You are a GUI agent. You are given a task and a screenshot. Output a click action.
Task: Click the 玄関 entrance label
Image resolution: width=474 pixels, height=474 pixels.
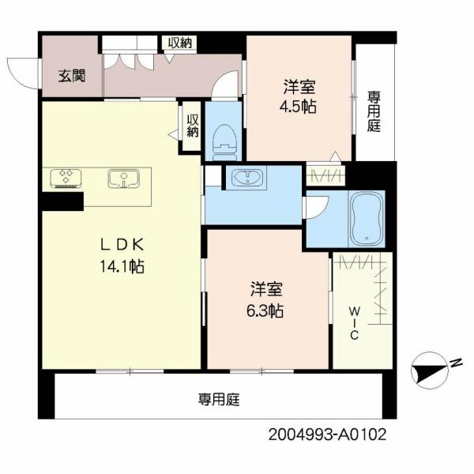click(x=72, y=76)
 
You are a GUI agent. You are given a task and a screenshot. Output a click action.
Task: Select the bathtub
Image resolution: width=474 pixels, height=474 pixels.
click(x=367, y=219)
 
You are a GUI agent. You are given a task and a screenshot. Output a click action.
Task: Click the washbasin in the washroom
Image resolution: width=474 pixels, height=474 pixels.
click(x=246, y=178)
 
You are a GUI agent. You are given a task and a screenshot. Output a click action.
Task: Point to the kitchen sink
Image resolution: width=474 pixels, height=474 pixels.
click(x=124, y=179)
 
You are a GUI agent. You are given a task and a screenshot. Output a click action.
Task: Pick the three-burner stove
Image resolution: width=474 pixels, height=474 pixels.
click(x=66, y=179)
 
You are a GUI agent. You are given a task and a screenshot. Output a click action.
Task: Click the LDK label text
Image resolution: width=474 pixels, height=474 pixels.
click(x=122, y=245)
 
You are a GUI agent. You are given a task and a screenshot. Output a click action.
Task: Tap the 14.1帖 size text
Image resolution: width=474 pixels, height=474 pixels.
click(x=122, y=267)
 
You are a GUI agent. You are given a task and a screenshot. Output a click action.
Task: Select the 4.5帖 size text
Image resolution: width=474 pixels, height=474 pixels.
click(x=298, y=107)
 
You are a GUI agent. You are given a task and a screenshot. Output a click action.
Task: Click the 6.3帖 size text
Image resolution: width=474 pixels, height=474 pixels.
click(x=265, y=310)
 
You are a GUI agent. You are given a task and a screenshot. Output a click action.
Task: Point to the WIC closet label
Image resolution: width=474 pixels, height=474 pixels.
click(x=354, y=322)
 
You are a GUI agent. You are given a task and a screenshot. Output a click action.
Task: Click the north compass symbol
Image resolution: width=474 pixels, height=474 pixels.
click(x=429, y=371)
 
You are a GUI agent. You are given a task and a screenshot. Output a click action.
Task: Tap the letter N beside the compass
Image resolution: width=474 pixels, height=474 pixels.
click(x=456, y=363)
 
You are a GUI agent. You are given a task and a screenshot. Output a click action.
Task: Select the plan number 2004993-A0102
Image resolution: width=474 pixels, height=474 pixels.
click(x=327, y=434)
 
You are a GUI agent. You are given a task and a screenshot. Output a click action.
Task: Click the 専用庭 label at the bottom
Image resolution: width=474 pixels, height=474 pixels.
click(x=219, y=400)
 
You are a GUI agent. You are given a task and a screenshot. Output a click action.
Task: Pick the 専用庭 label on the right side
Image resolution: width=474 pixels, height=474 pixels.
click(x=374, y=112)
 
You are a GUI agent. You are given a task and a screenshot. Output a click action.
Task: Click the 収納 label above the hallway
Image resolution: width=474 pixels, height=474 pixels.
click(x=180, y=43)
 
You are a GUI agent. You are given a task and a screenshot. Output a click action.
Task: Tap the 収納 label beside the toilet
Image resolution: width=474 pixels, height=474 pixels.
click(x=193, y=126)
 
